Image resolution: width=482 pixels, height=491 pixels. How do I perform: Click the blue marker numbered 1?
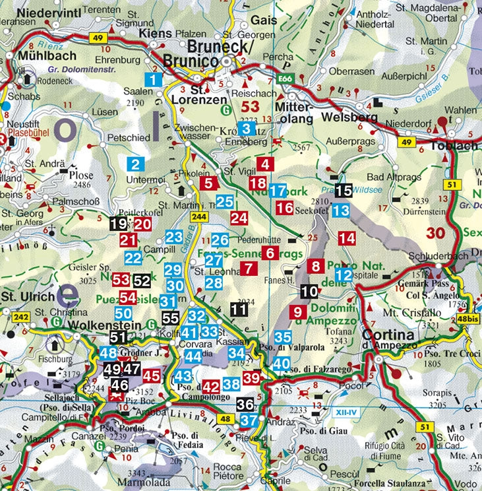(154, 80)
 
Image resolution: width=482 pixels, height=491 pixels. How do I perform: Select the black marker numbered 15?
(343, 191)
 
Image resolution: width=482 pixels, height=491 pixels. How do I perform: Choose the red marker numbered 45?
(152, 376)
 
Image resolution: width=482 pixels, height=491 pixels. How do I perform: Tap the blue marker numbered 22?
(133, 257)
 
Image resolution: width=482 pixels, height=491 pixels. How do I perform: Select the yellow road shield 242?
(18, 317)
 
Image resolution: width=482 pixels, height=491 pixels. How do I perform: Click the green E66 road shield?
(285, 79)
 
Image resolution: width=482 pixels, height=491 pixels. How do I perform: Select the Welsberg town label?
(349, 118)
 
